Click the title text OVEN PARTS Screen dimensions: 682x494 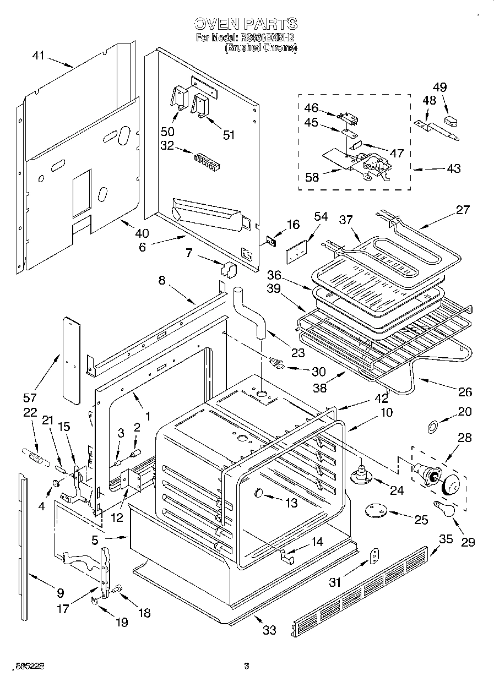(246, 24)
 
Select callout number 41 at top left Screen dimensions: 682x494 (38, 55)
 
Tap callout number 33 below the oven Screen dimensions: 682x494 (269, 630)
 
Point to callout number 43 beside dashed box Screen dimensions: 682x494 (453, 168)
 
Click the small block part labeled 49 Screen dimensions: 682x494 (451, 121)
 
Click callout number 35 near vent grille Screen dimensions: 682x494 (445, 538)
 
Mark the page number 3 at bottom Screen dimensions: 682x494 (247, 666)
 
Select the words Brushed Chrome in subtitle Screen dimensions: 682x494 (261, 48)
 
